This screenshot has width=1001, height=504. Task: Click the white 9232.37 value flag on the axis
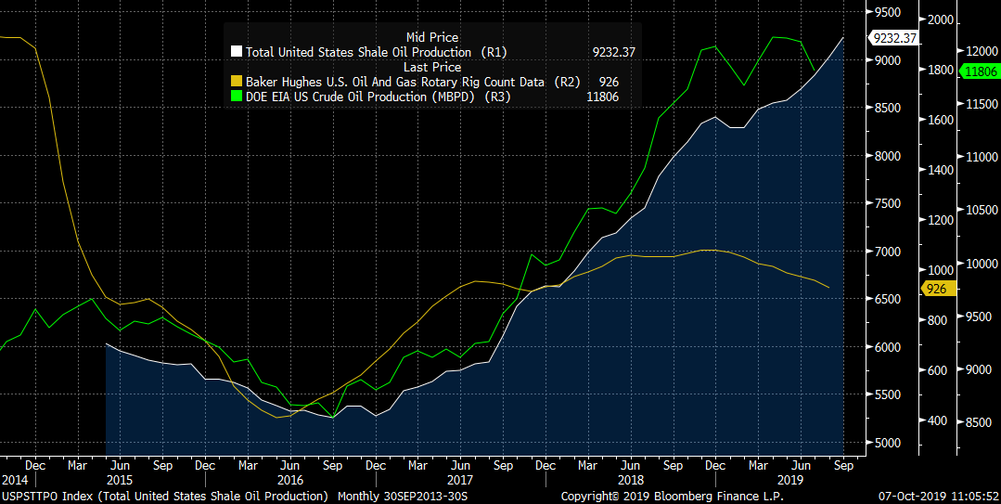click(893, 38)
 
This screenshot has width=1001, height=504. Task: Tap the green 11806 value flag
click(980, 71)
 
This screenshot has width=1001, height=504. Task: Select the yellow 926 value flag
click(937, 289)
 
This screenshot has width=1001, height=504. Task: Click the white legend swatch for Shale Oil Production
click(237, 52)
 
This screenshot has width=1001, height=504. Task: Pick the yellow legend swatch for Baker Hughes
click(237, 82)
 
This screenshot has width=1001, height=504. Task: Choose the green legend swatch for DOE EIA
click(237, 97)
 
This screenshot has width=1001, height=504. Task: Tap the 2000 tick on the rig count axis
click(941, 20)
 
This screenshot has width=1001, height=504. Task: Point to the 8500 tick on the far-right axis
click(979, 423)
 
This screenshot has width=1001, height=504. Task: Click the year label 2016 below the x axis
click(290, 480)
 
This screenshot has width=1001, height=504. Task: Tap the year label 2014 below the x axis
click(15, 480)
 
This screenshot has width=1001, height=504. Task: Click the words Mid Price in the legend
click(431, 37)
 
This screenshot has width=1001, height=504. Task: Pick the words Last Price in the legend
click(431, 67)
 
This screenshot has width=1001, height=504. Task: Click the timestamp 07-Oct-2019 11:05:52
click(939, 497)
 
